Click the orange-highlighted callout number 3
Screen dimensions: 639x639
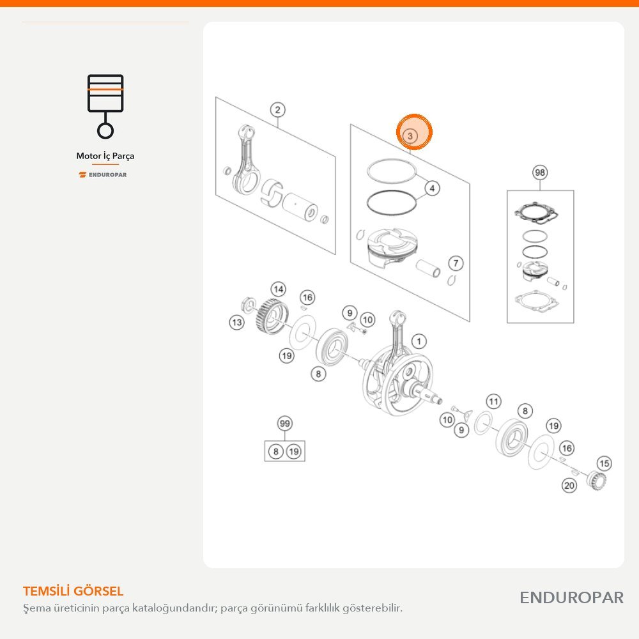[x=410, y=135]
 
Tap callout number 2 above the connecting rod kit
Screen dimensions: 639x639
[x=277, y=110]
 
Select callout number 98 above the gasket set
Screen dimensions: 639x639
[x=540, y=173]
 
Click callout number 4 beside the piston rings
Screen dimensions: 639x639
[x=433, y=189]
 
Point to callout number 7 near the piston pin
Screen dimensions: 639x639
[x=456, y=263]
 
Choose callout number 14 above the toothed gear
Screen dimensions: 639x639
[x=279, y=289]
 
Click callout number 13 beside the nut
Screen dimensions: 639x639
[x=237, y=322]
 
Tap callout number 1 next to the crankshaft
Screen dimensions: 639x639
[x=419, y=341]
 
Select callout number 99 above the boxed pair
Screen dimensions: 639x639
[x=285, y=424]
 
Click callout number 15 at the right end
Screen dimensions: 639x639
[x=604, y=463]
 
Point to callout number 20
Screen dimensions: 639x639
[x=569, y=486]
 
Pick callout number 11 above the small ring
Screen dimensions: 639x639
[x=493, y=402]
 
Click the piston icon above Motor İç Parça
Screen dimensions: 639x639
[x=105, y=106]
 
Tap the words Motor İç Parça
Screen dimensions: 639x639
[x=105, y=156]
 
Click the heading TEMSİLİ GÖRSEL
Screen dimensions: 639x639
[x=73, y=591]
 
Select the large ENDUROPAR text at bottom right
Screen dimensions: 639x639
[x=571, y=598]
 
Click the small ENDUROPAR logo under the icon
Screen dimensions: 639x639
[x=103, y=175]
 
